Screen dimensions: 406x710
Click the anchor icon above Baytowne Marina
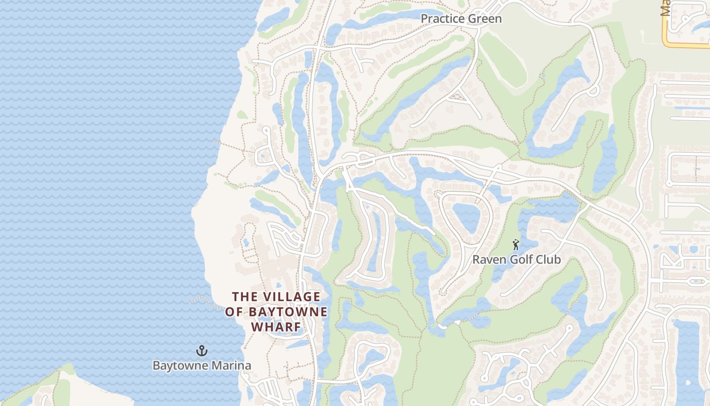[202, 351]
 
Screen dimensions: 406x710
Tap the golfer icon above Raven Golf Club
[516, 245]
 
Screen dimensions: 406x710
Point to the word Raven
[488, 260]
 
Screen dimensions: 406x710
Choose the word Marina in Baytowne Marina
[232, 365]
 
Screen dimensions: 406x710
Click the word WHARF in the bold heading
[276, 327]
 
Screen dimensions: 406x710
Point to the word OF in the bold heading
[234, 312]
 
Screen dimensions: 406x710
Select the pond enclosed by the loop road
[466, 218]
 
